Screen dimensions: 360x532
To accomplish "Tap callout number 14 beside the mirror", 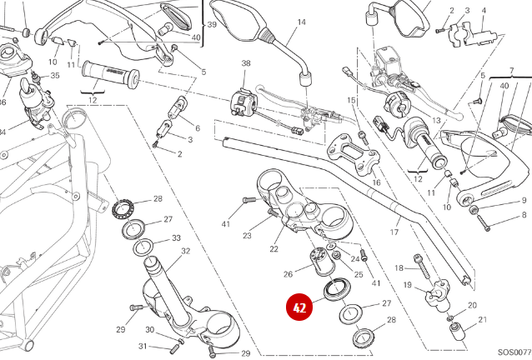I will point(301,22).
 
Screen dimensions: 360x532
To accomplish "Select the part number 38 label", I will point(246,63).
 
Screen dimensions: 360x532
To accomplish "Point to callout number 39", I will point(212,24).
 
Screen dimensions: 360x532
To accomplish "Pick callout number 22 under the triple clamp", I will point(273,248).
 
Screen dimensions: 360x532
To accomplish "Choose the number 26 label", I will point(288,273).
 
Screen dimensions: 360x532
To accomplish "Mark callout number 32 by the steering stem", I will point(185,251).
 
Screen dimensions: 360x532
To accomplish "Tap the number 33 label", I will point(176,237).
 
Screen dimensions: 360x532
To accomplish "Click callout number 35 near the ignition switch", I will point(55,76).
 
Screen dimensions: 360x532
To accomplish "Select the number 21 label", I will point(482,320).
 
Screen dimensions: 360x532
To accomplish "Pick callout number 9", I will point(524,201).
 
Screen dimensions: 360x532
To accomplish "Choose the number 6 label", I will point(197,127).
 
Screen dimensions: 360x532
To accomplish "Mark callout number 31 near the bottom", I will point(143,346).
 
